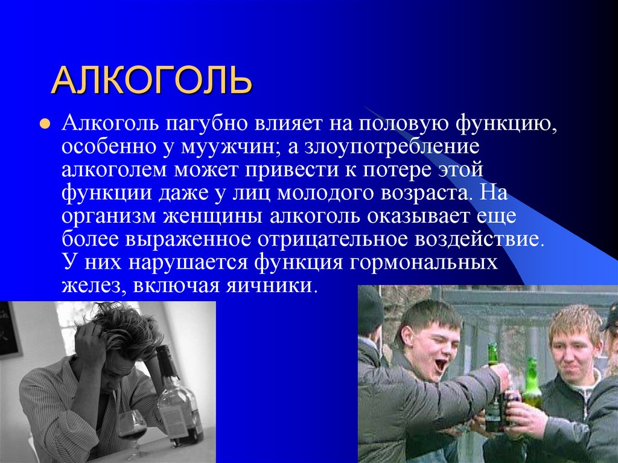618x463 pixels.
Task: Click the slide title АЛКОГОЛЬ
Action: [151, 81]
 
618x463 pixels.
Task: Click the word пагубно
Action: [204, 124]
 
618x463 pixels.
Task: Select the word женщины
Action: [205, 216]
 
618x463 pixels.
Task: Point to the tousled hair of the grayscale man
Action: [121, 326]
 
